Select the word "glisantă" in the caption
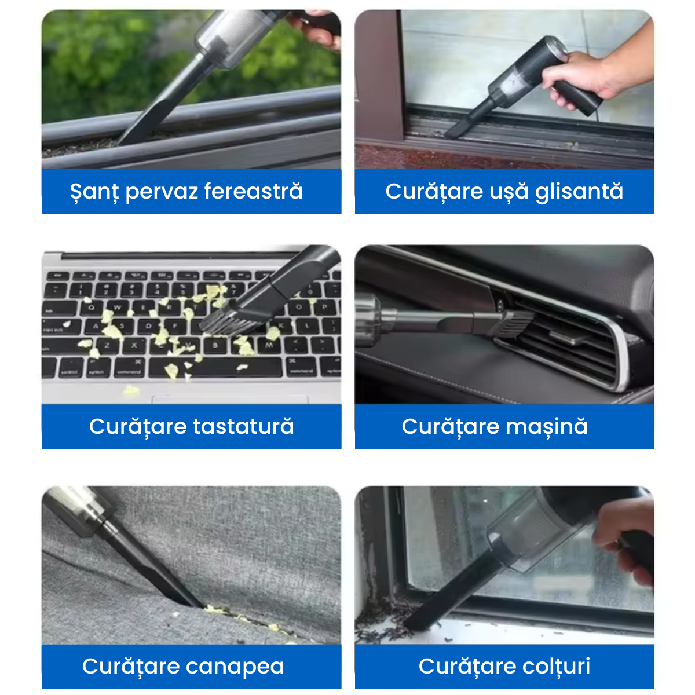click(x=579, y=192)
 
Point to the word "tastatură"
click(x=243, y=426)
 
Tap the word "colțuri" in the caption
click(x=548, y=665)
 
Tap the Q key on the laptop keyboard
click(x=91, y=308)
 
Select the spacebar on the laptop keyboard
click(x=215, y=368)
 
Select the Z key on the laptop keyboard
click(x=107, y=345)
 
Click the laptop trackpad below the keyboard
click(x=230, y=399)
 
